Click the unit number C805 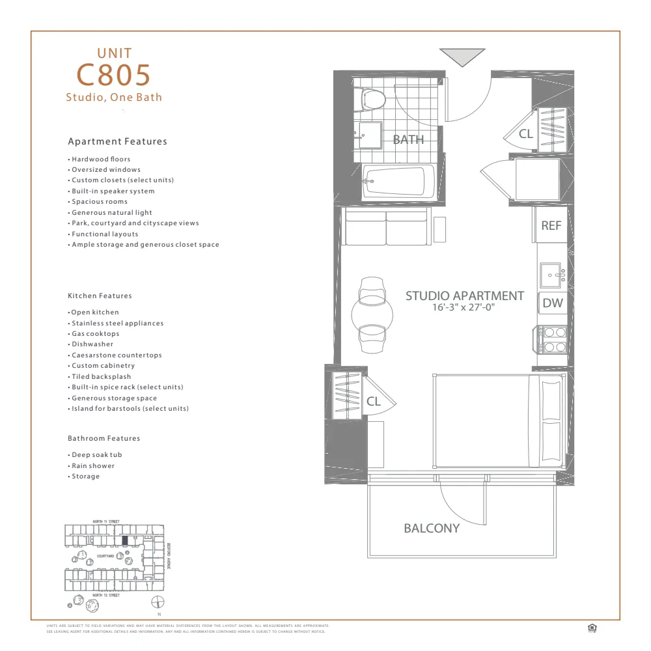point(114,75)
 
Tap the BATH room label point(408,139)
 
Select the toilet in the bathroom point(372,99)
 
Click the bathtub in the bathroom point(393,182)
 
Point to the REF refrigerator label point(551,225)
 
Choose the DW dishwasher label point(552,303)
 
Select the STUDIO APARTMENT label point(464,296)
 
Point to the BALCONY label point(431,528)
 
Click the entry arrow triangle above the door point(462,57)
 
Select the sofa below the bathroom point(385,225)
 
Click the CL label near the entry point(526,134)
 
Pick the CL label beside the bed point(373,402)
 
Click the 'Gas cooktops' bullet point(95,333)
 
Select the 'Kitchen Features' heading point(100,296)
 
